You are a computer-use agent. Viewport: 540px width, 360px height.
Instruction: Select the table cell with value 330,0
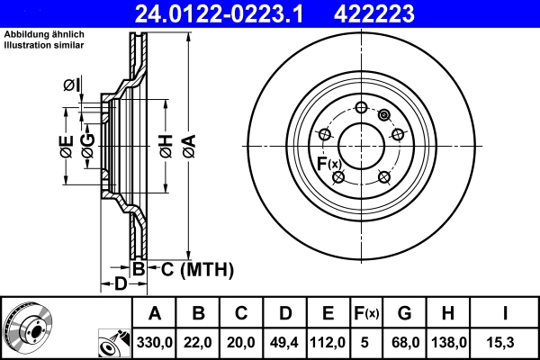[x=155, y=343]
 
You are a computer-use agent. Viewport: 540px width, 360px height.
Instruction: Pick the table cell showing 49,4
[x=284, y=343]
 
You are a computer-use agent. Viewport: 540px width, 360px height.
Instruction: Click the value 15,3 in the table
[x=504, y=343]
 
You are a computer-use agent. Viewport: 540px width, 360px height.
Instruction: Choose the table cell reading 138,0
[x=449, y=343]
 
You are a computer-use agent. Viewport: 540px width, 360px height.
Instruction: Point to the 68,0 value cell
[x=404, y=343]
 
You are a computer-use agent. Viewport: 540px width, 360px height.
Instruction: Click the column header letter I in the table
[x=504, y=313]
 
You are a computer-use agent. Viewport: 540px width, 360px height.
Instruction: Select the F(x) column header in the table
[x=365, y=313]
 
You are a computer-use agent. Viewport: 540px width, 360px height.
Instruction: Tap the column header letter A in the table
[x=155, y=313]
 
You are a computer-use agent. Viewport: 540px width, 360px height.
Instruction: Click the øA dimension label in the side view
[x=188, y=143]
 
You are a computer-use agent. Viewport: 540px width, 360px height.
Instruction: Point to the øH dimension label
[x=166, y=143]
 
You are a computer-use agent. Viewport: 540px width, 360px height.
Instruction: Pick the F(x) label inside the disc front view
[x=328, y=163]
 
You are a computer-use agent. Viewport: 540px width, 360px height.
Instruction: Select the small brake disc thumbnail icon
[x=28, y=328]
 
